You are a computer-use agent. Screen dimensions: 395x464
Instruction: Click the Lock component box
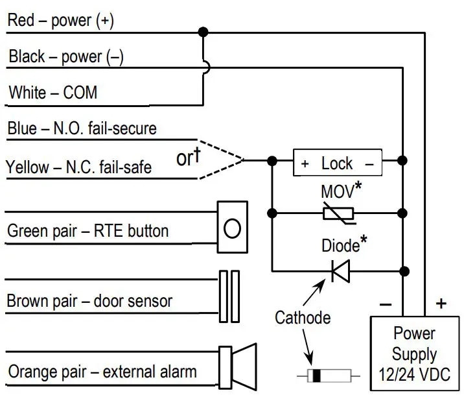(x=337, y=164)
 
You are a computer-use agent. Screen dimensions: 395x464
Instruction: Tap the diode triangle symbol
(x=340, y=270)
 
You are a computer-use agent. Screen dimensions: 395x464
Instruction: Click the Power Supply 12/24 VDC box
(x=414, y=353)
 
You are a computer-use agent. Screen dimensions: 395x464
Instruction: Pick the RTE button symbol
(x=232, y=228)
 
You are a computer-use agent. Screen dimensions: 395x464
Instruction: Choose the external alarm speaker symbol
(x=237, y=368)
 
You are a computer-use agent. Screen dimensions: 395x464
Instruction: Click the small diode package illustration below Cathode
(x=327, y=375)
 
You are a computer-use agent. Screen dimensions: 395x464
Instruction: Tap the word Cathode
(x=303, y=317)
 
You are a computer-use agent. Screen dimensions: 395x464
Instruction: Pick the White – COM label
(x=53, y=93)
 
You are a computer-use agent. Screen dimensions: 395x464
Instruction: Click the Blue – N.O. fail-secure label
(x=82, y=128)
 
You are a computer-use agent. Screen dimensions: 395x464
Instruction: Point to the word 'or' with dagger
(x=187, y=158)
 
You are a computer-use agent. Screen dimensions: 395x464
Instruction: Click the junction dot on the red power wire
(x=203, y=31)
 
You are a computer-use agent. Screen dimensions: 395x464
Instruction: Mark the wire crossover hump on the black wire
(x=203, y=67)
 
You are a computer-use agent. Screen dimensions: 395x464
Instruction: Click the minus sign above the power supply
(x=385, y=303)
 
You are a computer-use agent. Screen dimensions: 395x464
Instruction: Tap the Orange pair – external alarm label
(x=102, y=372)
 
